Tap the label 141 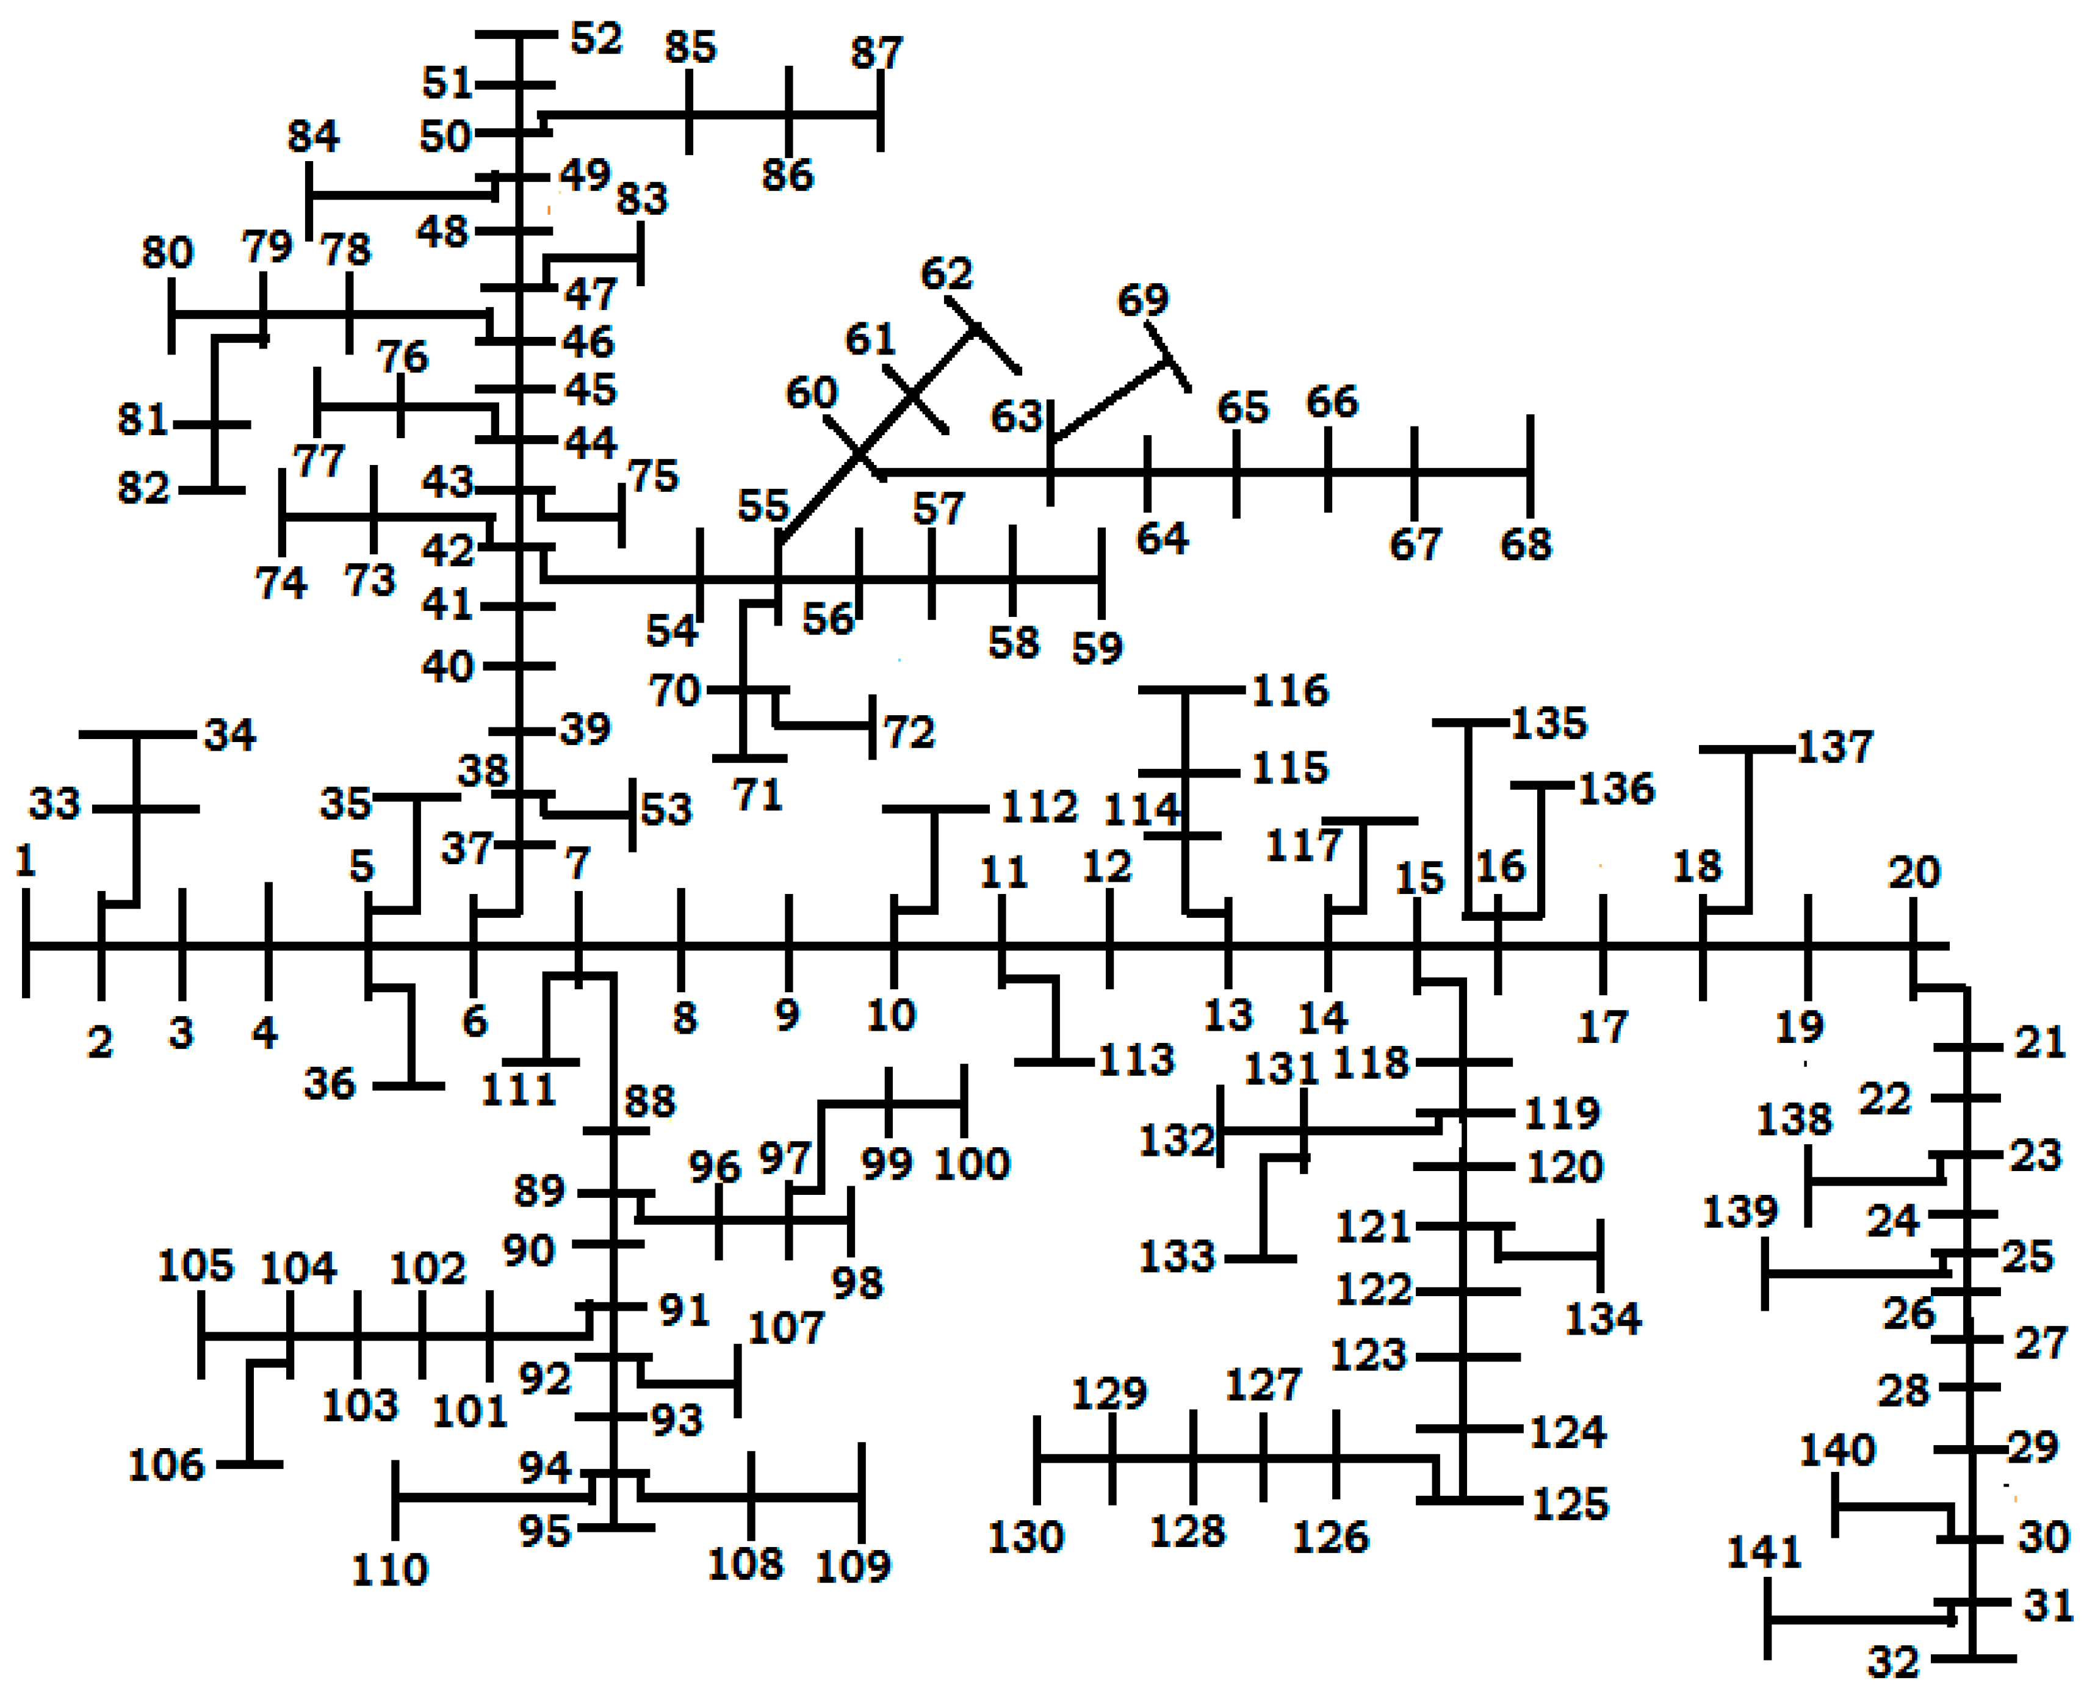pos(1764,1552)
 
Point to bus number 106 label pos(167,1466)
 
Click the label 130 pos(1025,1538)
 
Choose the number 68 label pos(1525,544)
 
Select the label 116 pos(1289,691)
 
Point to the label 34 pos(230,735)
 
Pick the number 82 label pos(144,488)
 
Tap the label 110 pos(389,1570)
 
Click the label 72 pos(909,732)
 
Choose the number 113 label pos(1136,1060)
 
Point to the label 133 pos(1177,1258)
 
